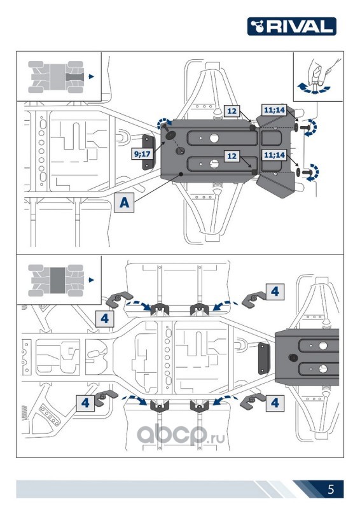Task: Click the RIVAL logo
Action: click(x=291, y=26)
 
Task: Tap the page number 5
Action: click(x=331, y=489)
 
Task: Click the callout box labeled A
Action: click(x=124, y=202)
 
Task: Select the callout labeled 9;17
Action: click(x=142, y=153)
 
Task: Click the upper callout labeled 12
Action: click(x=232, y=111)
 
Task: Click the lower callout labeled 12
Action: click(x=232, y=156)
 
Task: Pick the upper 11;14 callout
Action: click(x=274, y=110)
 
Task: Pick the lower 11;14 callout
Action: click(x=274, y=155)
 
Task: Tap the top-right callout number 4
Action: click(x=275, y=291)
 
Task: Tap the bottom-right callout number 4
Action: click(x=275, y=403)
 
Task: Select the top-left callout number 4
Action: click(x=104, y=319)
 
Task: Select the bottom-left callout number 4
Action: click(x=85, y=403)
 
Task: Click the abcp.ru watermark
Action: click(x=181, y=435)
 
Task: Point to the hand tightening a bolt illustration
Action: click(x=319, y=77)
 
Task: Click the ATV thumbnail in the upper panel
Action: click(x=56, y=77)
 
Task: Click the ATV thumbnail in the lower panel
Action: click(x=56, y=281)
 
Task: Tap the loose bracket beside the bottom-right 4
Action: click(x=252, y=402)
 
